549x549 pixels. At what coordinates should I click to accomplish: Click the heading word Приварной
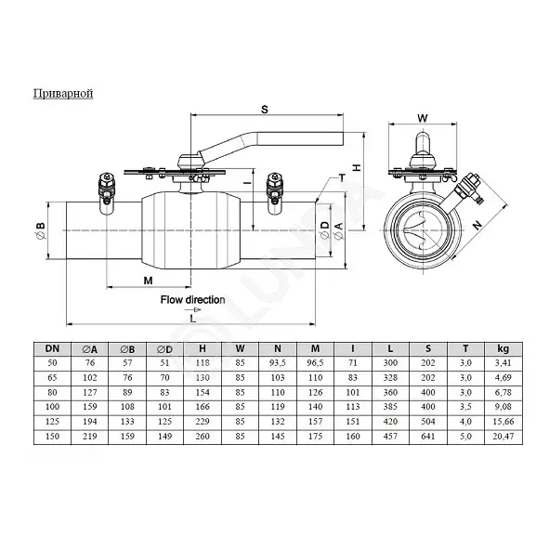point(63,94)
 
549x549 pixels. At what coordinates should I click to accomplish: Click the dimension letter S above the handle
point(265,110)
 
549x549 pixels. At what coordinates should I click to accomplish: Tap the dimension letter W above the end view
point(423,118)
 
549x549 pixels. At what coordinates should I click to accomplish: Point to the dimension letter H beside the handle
point(357,168)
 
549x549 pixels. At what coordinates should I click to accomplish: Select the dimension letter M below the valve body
point(148,281)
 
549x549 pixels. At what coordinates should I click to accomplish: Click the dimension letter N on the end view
point(477,225)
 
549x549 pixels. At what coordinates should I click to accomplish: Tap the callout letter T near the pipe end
point(342,177)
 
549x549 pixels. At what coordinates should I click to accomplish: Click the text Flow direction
point(192,300)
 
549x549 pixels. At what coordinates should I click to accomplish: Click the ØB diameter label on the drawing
point(40,230)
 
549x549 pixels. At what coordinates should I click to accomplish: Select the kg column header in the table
point(503,348)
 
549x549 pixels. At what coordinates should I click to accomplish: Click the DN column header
point(52,348)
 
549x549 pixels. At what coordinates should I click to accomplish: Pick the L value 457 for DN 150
point(390,437)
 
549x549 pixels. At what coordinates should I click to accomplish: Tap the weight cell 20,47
point(503,437)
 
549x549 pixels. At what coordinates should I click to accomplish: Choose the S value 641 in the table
point(428,437)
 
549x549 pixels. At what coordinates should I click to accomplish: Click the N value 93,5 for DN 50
point(278,362)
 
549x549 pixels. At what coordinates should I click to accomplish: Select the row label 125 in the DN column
point(52,421)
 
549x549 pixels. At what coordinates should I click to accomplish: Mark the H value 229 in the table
point(203,421)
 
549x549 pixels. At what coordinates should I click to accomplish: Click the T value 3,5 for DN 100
point(465,407)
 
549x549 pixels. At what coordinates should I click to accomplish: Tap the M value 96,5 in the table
point(315,362)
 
